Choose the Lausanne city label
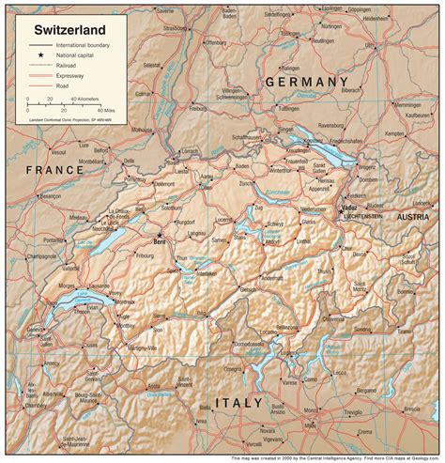point(104,284)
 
